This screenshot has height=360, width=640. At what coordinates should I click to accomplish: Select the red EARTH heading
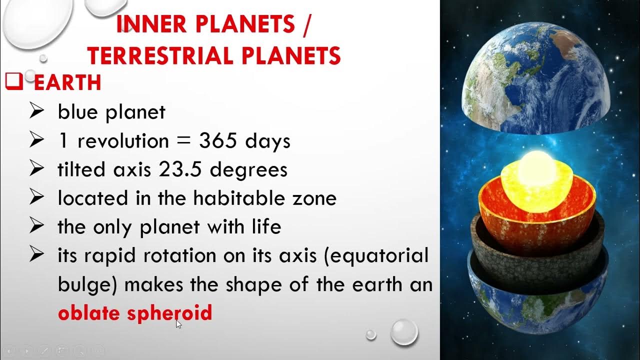(x=67, y=83)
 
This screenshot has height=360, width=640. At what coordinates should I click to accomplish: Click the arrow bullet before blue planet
(x=37, y=112)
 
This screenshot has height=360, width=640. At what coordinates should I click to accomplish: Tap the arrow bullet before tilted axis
(x=37, y=170)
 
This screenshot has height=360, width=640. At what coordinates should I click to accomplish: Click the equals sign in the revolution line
(x=184, y=142)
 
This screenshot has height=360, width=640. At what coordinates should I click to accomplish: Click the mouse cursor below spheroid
(x=178, y=323)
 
